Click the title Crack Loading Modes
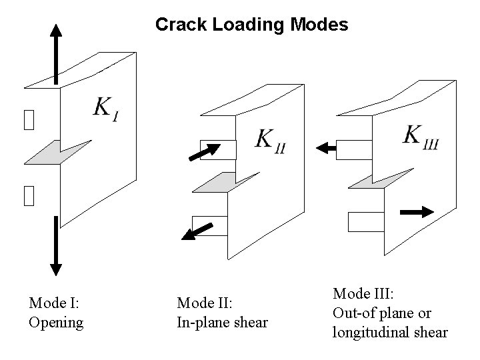251,25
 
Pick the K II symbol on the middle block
270,141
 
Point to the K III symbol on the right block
420,137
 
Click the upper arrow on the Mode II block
205,152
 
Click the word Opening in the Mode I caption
56,323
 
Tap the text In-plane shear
222,323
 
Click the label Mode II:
204,303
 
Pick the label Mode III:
364,293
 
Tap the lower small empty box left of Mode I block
27,195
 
